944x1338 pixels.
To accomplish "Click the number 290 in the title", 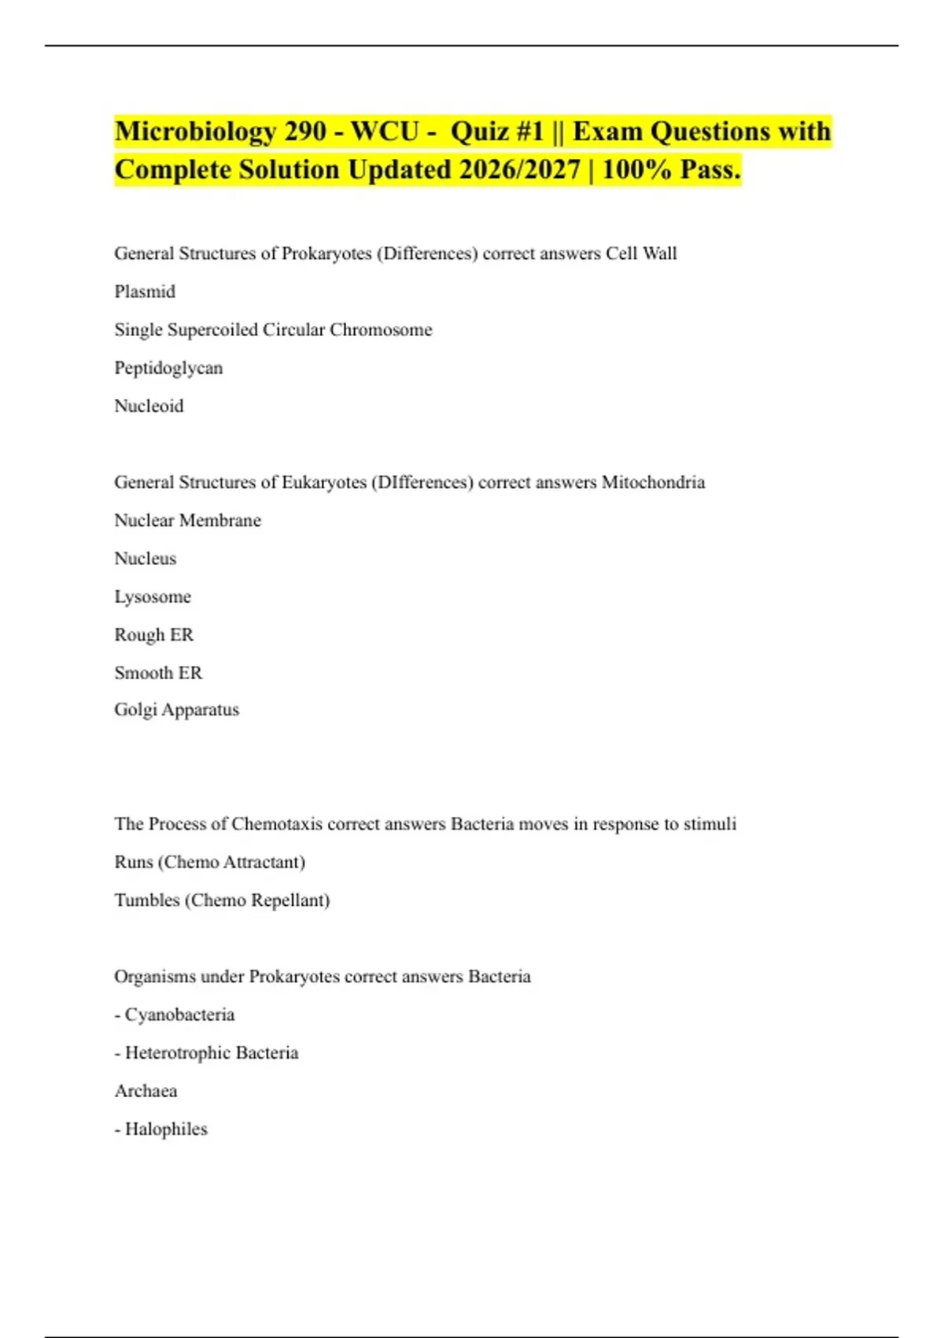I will (305, 131).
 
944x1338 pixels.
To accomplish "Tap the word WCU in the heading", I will (385, 131).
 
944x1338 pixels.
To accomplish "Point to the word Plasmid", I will (145, 292).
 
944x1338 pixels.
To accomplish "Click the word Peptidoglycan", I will (168, 368).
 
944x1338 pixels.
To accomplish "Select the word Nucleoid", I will (149, 406).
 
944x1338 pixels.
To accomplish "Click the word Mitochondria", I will (653, 482).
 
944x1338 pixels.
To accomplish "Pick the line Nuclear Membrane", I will (187, 520).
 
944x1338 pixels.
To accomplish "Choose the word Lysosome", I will (153, 597).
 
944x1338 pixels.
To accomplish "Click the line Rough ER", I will (153, 635).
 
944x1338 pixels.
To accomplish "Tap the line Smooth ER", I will (158, 673).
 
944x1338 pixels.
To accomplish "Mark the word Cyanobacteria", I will (179, 1015).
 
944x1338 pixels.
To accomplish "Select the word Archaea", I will (146, 1091).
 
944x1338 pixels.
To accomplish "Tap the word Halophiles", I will (166, 1129).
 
